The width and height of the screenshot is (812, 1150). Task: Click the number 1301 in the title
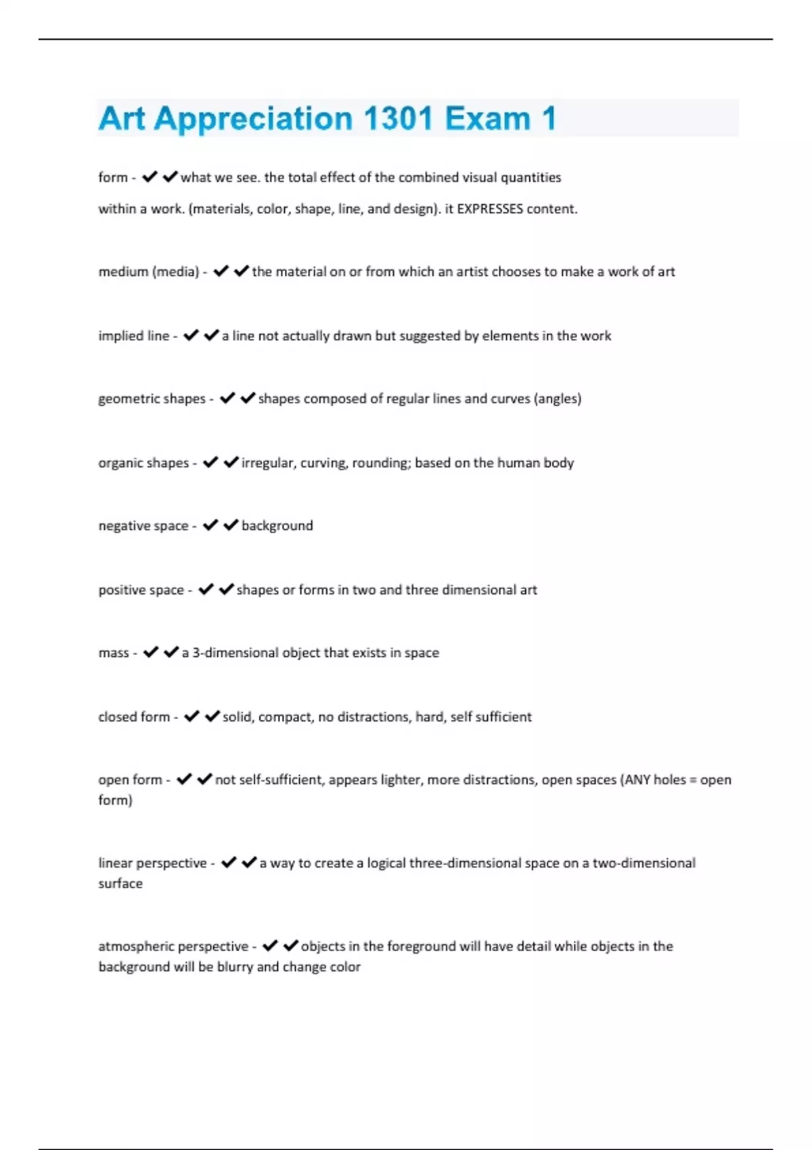tap(397, 118)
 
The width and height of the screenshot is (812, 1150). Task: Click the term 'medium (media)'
tap(149, 272)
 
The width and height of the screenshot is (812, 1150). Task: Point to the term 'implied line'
tap(134, 336)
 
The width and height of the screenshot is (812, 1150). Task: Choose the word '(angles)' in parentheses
tap(558, 399)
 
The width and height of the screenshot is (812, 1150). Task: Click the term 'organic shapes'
tap(143, 463)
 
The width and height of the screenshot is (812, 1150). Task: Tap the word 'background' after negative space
tap(277, 526)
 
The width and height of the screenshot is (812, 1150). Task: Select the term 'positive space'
tap(141, 590)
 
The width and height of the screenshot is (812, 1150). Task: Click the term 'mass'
tap(114, 653)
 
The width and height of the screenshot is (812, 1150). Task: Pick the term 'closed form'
tap(134, 717)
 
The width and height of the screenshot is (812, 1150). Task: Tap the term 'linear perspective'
tap(152, 863)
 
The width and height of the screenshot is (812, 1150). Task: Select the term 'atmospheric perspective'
tap(173, 946)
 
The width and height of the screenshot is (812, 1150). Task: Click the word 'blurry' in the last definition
tap(235, 967)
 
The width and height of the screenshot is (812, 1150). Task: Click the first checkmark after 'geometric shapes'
tap(227, 398)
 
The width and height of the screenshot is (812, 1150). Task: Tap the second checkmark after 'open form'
tap(204, 779)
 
